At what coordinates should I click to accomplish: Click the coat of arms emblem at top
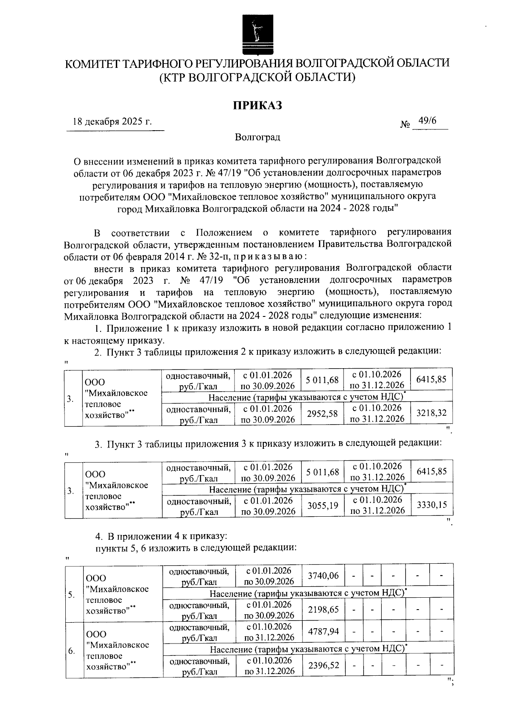coord(255,34)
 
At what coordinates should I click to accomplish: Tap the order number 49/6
coord(427,121)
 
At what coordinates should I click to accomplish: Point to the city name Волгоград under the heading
coord(257,137)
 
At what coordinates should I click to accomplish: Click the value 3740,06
coord(323,576)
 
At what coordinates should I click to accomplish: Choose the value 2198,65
coord(323,610)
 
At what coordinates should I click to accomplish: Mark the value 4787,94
coord(323,632)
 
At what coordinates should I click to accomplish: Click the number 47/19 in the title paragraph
coord(221,173)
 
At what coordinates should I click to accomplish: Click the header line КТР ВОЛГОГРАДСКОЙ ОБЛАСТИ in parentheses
coord(257,77)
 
